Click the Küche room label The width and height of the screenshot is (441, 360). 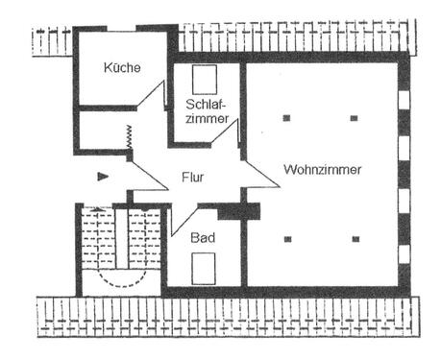pyautogui.click(x=123, y=68)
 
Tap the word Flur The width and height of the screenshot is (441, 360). pyautogui.click(x=195, y=178)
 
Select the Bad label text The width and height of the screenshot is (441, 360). pyautogui.click(x=202, y=236)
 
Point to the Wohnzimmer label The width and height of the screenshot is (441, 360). pyautogui.click(x=322, y=170)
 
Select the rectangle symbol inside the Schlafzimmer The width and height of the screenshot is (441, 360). pyautogui.click(x=204, y=78)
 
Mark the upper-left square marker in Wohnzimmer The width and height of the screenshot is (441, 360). pyautogui.click(x=286, y=118)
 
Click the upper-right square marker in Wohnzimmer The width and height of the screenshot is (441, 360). pyautogui.click(x=354, y=118)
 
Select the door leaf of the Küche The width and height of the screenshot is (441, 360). pyautogui.click(x=151, y=94)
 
